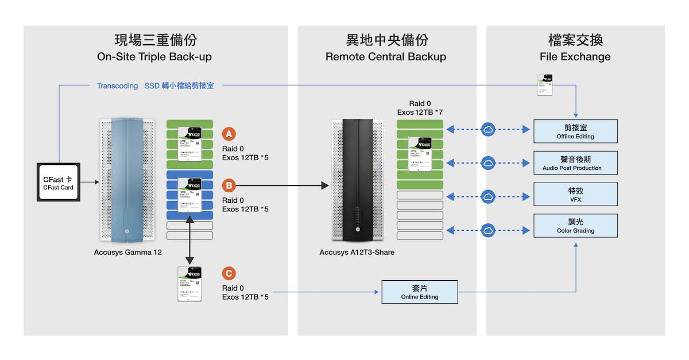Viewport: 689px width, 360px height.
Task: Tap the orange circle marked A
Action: [x=229, y=134]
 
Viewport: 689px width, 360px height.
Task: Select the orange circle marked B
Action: [x=229, y=185]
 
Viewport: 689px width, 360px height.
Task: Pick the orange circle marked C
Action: [x=229, y=274]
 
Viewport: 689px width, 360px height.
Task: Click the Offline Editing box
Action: [x=575, y=131]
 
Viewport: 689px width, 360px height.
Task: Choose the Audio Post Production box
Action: [x=575, y=163]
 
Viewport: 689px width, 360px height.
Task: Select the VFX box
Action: [x=575, y=194]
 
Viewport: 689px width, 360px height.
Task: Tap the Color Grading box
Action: [x=575, y=226]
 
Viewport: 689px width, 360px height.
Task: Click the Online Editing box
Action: [x=419, y=292]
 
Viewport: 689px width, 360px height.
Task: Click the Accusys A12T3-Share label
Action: [x=357, y=252]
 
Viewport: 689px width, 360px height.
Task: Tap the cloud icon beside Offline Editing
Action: [x=489, y=130]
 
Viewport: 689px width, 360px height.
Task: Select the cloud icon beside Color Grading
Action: [x=489, y=230]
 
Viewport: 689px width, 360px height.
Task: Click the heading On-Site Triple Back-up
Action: [x=155, y=57]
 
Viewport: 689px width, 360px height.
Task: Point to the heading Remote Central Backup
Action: [x=386, y=57]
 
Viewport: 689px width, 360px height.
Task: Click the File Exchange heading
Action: [x=575, y=57]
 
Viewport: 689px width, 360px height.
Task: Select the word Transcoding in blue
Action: [x=117, y=86]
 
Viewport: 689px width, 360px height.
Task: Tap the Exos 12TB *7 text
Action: [x=420, y=112]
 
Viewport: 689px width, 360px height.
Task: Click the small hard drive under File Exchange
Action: [x=544, y=85]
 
